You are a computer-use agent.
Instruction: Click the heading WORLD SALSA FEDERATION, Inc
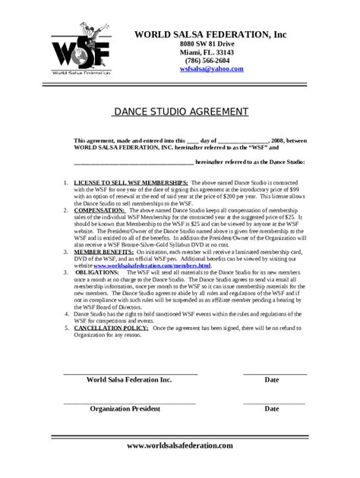pyautogui.click(x=210, y=35)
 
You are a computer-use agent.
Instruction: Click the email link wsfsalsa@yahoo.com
pyautogui.click(x=211, y=69)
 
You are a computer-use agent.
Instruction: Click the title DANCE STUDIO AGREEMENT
pyautogui.click(x=181, y=112)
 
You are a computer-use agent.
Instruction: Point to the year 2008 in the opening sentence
pyautogui.click(x=277, y=141)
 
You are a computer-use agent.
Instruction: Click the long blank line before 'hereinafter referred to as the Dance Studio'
pyautogui.click(x=133, y=162)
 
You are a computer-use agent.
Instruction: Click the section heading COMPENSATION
pyautogui.click(x=103, y=210)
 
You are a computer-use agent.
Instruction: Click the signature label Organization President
pyautogui.click(x=125, y=408)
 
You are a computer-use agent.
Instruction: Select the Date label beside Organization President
pyautogui.click(x=272, y=408)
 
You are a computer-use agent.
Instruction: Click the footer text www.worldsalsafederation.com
pyautogui.click(x=180, y=445)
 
